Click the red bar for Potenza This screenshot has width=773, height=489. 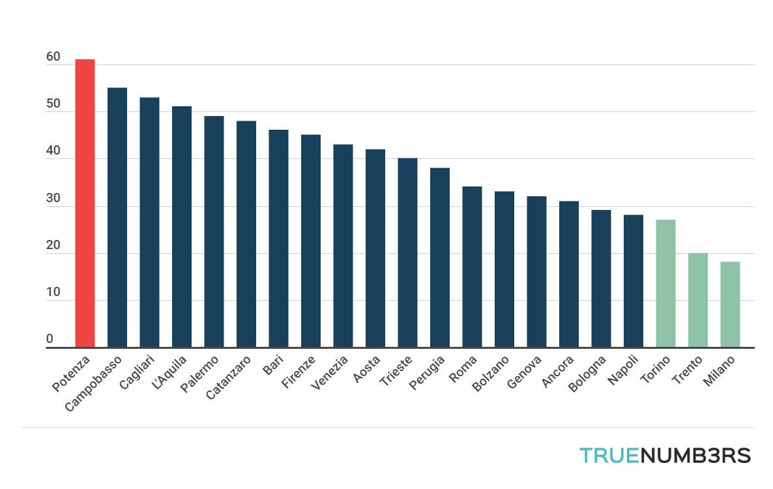tap(85, 203)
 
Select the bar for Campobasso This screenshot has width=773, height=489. tap(117, 217)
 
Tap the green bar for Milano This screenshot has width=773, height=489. tap(730, 304)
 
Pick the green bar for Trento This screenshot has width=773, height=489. tap(697, 300)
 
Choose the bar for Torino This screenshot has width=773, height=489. tap(665, 284)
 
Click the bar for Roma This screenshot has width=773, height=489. tap(472, 267)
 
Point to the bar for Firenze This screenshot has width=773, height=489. tap(310, 241)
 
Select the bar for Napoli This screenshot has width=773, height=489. tap(634, 281)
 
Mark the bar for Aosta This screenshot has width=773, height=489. tap(375, 248)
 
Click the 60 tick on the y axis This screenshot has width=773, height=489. tap(53, 57)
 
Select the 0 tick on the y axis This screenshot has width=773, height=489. tap(50, 339)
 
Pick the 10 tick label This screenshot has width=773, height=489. tap(53, 293)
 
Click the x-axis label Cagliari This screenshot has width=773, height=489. tap(138, 372)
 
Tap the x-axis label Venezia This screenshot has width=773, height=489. tap(330, 374)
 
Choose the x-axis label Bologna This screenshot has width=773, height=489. tap(587, 374)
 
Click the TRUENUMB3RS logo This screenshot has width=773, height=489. tap(665, 455)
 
